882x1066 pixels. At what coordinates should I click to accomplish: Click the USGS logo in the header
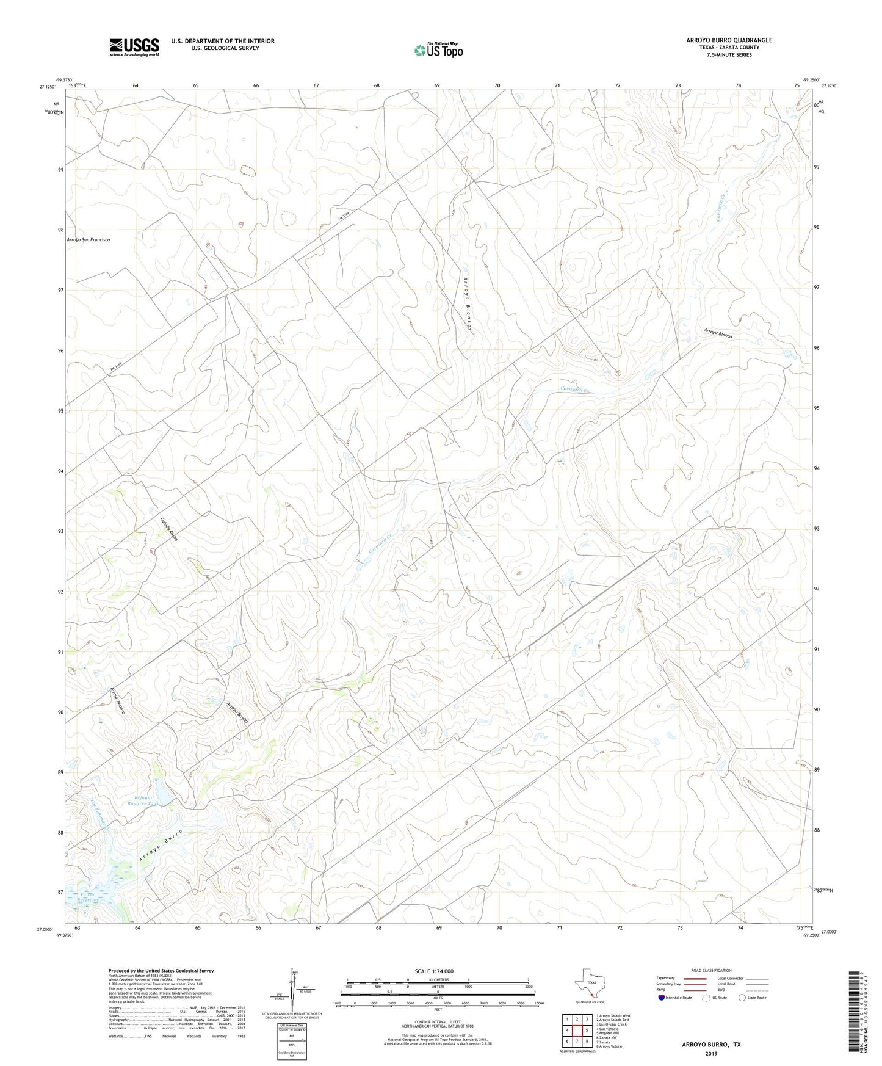click(134, 46)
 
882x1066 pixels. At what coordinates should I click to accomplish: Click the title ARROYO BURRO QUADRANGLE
click(729, 40)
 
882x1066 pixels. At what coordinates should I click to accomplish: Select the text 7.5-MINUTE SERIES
click(729, 55)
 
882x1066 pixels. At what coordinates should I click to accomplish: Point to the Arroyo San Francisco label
click(89, 240)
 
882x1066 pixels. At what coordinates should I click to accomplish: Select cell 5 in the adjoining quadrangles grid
click(587, 1031)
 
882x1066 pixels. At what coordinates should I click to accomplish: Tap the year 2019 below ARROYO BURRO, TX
click(711, 1053)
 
